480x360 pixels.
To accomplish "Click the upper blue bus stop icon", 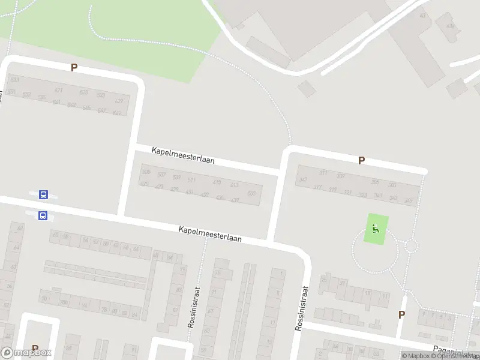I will pyautogui.click(x=43, y=194).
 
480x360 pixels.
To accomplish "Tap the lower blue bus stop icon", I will pyautogui.click(x=43, y=215).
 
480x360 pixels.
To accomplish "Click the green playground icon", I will pyautogui.click(x=376, y=229).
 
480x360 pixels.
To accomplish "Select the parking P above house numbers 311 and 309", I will pyautogui.click(x=361, y=160).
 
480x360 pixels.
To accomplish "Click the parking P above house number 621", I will pyautogui.click(x=74, y=68).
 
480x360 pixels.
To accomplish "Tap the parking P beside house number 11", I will pyautogui.click(x=401, y=314).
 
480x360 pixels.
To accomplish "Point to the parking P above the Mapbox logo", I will pyautogui.click(x=35, y=349).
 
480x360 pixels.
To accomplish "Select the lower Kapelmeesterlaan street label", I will pyautogui.click(x=210, y=234).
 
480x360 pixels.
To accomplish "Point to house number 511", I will pyautogui.click(x=192, y=180).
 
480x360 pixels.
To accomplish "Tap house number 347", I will pyautogui.click(x=303, y=179).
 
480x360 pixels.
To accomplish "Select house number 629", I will pyautogui.click(x=119, y=101).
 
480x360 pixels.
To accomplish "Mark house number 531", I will pyautogui.click(x=15, y=80).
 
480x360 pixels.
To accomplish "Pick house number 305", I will pyautogui.click(x=375, y=182).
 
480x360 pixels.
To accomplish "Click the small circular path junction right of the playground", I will pyautogui.click(x=411, y=245).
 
